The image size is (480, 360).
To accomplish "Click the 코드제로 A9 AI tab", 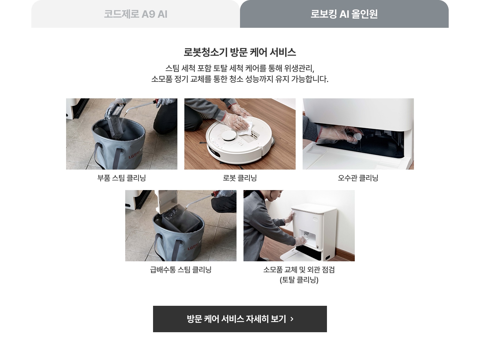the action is [136, 14].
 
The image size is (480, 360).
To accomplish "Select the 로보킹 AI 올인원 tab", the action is [344, 14].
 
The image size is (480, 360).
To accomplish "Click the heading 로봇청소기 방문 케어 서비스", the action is [240, 52].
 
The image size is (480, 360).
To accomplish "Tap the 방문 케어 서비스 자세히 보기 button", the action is [240, 319].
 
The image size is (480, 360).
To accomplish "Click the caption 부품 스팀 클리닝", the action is [122, 178].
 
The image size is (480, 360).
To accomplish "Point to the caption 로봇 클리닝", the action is [240, 178].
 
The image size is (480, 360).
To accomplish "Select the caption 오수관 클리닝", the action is [358, 178].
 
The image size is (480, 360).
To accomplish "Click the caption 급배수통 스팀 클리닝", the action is [181, 270].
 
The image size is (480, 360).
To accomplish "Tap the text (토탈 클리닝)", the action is [299, 280].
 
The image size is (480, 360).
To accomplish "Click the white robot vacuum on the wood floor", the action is [239, 140].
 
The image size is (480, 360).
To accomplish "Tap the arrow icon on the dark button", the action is [292, 319].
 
